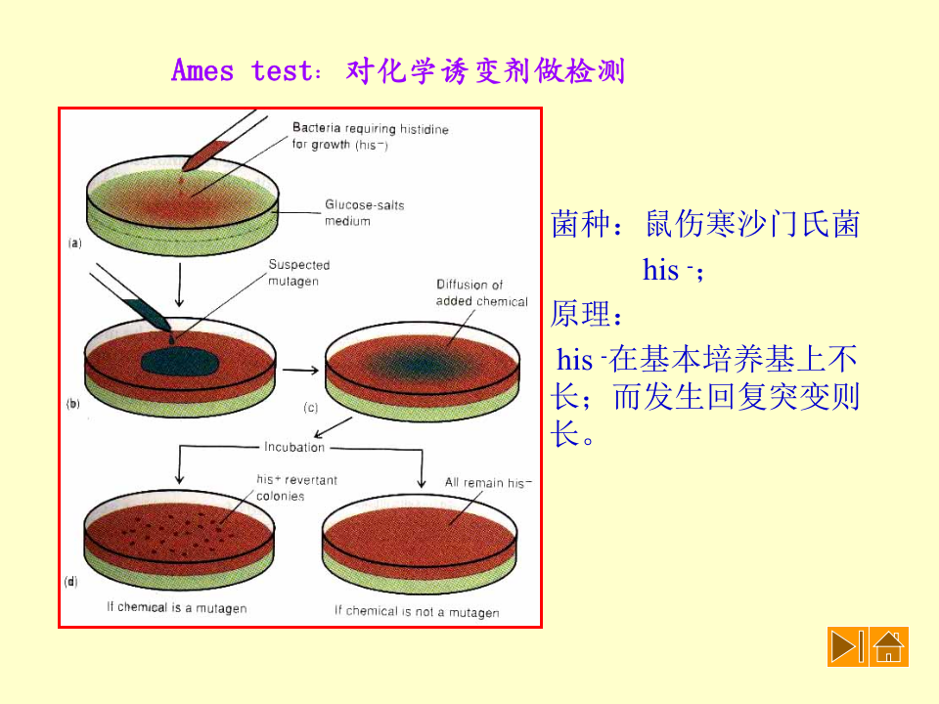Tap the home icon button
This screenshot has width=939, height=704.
[x=888, y=646]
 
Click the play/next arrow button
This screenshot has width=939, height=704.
[x=846, y=646]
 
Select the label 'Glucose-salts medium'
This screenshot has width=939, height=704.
[x=364, y=213]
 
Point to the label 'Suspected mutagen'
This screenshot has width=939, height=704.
[x=299, y=272]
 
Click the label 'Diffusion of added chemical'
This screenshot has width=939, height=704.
[x=481, y=292]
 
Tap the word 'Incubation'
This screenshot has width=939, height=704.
[x=293, y=447]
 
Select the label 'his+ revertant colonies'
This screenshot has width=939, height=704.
[x=295, y=487]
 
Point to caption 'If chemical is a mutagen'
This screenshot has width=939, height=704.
[x=176, y=607]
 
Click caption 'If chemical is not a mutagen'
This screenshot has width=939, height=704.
[x=417, y=611]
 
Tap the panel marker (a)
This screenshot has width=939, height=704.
[x=74, y=243]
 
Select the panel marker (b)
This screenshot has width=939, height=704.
[x=72, y=403]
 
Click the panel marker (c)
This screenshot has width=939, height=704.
[x=311, y=408]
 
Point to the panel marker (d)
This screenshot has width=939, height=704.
[x=71, y=581]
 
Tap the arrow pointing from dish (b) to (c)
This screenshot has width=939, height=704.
[x=299, y=370]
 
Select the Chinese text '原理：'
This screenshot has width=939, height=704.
[x=587, y=314]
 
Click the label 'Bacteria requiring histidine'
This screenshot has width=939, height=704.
[x=370, y=128]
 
